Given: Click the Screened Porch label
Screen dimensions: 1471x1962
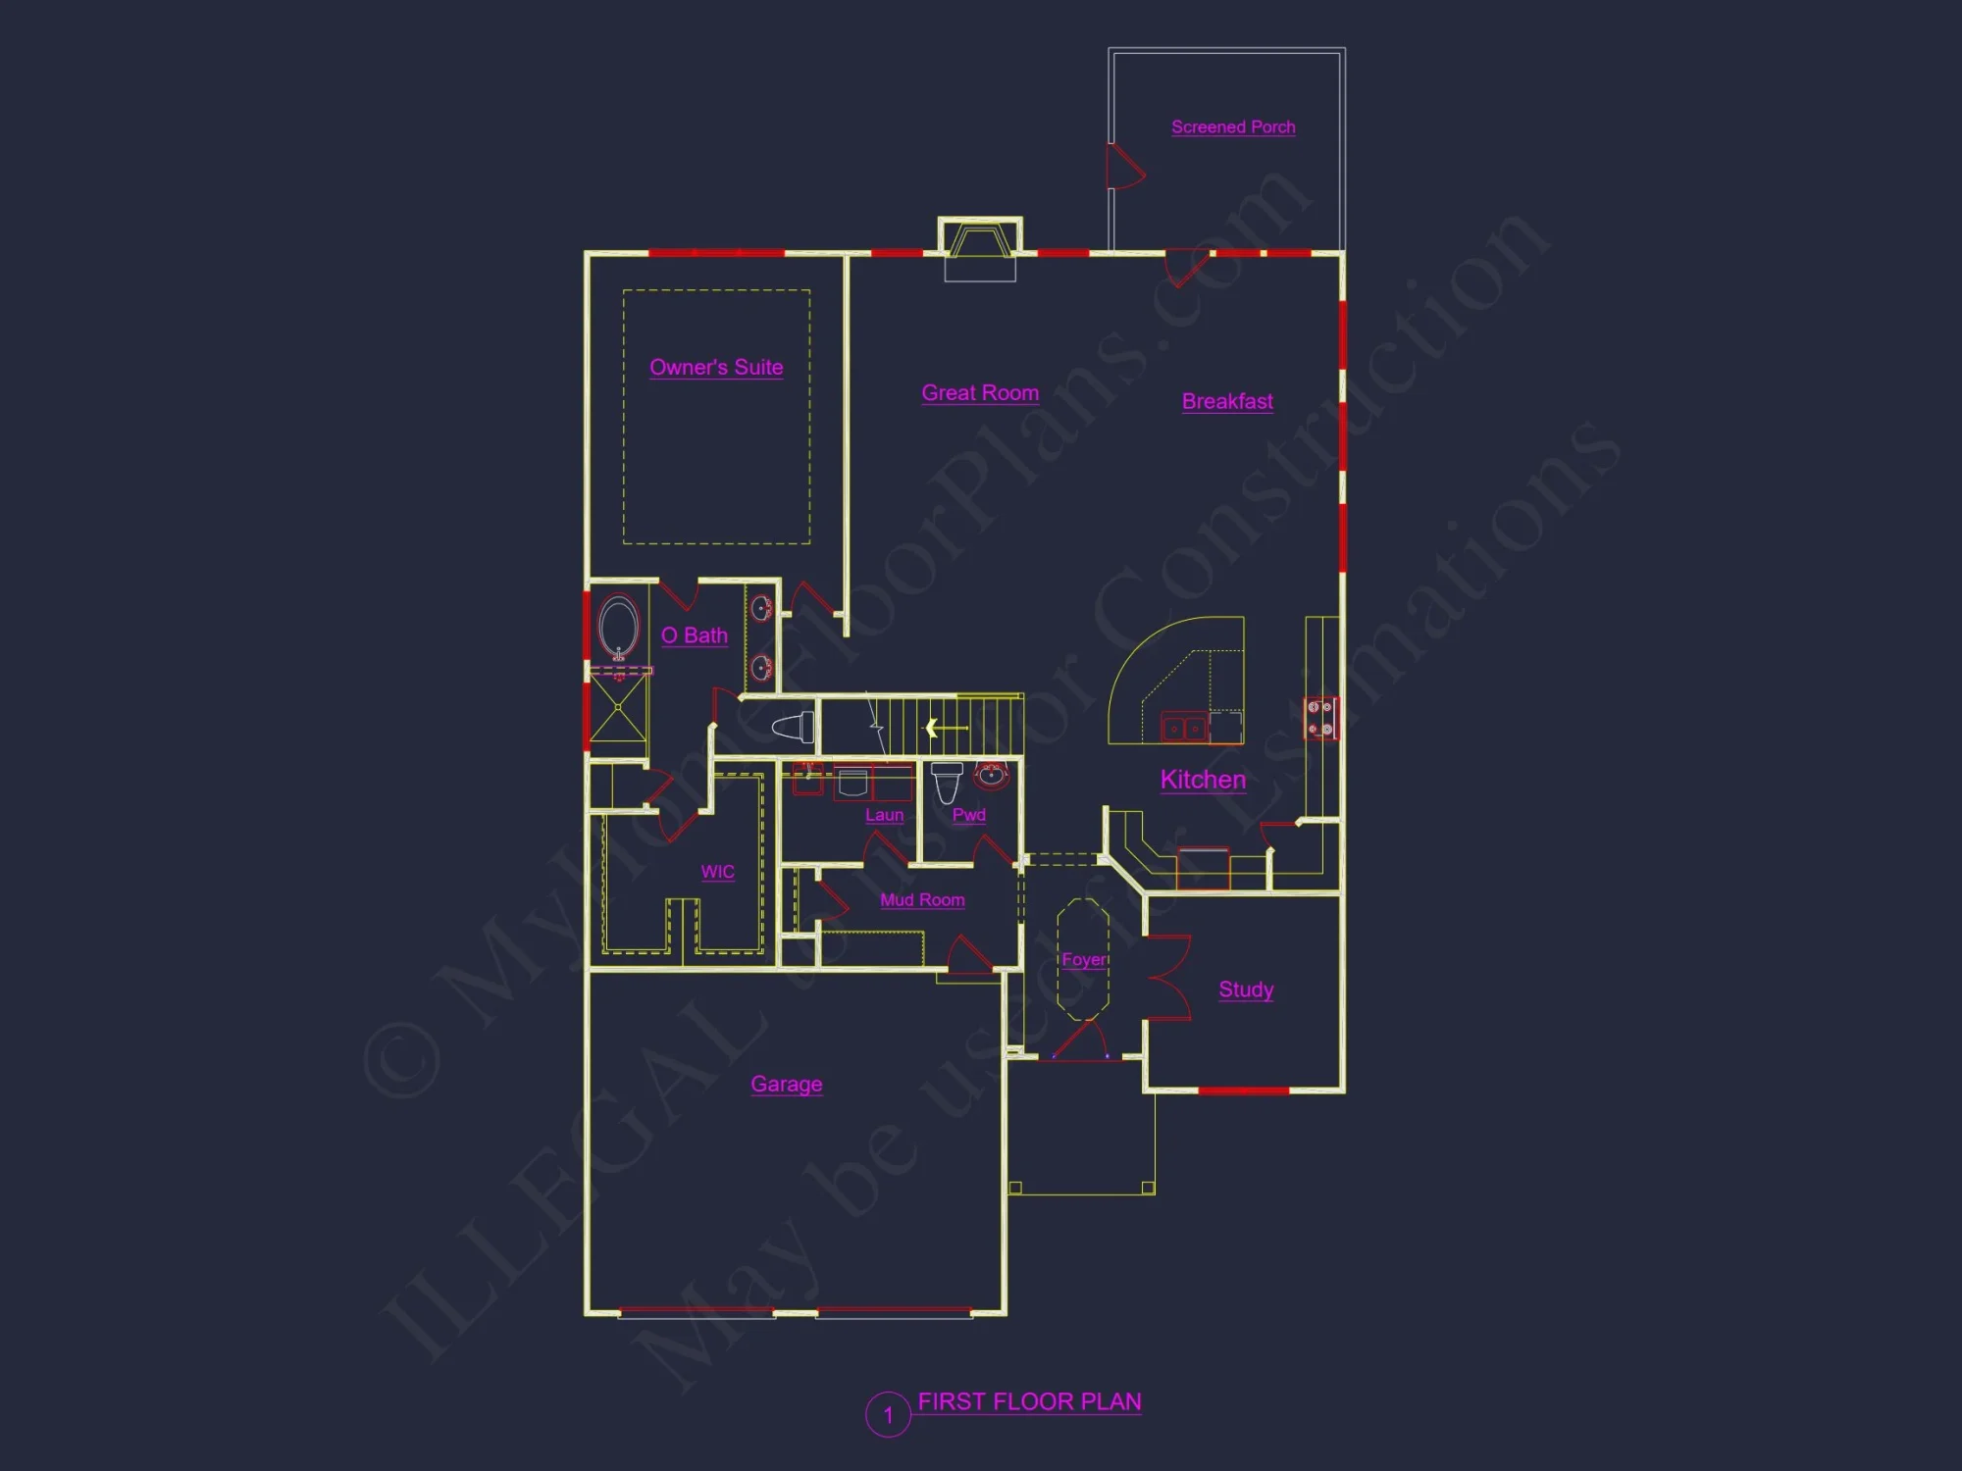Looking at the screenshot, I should [x=1233, y=127].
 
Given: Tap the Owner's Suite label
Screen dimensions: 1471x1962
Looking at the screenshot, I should [x=716, y=368].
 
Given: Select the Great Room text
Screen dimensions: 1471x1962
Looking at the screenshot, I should [x=980, y=393].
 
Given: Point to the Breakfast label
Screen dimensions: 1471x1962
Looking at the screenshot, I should [x=1227, y=402].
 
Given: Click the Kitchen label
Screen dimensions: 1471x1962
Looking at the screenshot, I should [x=1203, y=780].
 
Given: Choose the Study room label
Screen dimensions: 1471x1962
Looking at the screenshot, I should [x=1246, y=989].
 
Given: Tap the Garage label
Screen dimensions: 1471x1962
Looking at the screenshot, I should [x=786, y=1085].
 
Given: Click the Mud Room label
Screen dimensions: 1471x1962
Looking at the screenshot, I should [x=922, y=900].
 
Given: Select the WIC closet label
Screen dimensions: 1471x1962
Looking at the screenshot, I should [x=717, y=872].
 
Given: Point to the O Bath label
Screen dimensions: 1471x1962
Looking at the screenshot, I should [x=695, y=635].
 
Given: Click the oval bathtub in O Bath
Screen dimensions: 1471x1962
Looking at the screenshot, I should [x=618, y=627].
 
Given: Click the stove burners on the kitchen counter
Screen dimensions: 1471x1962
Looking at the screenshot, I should [x=1319, y=718].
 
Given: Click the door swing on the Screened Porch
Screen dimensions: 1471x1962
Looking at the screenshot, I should [x=1123, y=167].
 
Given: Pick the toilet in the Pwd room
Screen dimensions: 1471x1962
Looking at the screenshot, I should [x=947, y=782].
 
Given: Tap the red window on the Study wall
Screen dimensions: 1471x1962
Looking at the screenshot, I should [x=1243, y=1091].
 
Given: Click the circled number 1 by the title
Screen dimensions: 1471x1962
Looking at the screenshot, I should [x=888, y=1415].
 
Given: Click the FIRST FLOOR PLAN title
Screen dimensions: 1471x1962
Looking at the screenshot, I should [x=1029, y=1402].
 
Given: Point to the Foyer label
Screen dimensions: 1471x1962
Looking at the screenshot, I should [x=1084, y=960].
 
